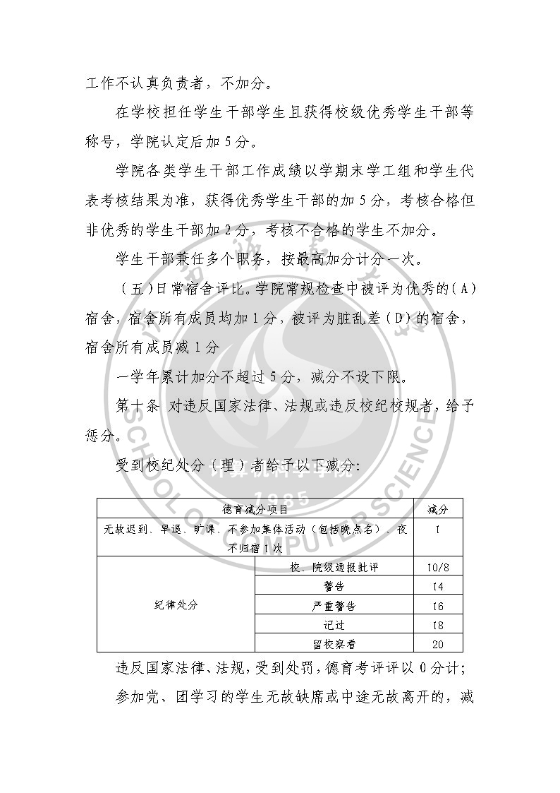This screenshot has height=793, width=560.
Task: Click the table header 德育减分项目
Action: point(255,508)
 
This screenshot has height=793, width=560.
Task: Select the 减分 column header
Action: point(437,508)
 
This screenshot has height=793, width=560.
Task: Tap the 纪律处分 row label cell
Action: point(176,604)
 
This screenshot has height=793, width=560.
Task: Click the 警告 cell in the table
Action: point(334,586)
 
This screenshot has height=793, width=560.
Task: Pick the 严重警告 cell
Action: point(334,606)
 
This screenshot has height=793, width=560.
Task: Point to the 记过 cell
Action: point(334,625)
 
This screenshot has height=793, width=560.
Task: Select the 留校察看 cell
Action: point(334,643)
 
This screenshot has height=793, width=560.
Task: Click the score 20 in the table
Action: point(437,643)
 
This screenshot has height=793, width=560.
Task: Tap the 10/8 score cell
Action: point(437,567)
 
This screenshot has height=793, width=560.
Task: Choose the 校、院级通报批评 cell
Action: point(334,567)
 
